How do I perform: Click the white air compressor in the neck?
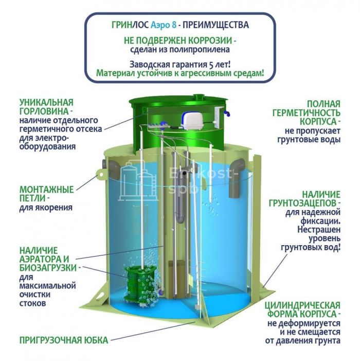click(x=192, y=121)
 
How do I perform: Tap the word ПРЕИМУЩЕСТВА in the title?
click(x=215, y=25)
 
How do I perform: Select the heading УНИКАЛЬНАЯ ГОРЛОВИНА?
click(x=47, y=107)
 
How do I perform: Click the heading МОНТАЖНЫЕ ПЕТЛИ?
click(x=47, y=194)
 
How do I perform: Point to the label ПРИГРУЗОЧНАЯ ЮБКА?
click(x=64, y=340)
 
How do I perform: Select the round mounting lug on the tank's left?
click(x=100, y=175)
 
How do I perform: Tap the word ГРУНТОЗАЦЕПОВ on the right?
click(x=304, y=203)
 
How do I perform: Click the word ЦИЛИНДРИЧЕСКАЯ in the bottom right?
click(x=302, y=305)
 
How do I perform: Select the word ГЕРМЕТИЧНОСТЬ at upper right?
click(x=307, y=113)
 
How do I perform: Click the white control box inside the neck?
click(x=218, y=117)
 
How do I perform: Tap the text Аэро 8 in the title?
click(x=164, y=25)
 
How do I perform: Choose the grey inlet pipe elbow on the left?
click(x=114, y=170)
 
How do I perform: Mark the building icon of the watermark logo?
click(x=137, y=180)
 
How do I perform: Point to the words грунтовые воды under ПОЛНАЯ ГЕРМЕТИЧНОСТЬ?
click(x=309, y=140)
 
